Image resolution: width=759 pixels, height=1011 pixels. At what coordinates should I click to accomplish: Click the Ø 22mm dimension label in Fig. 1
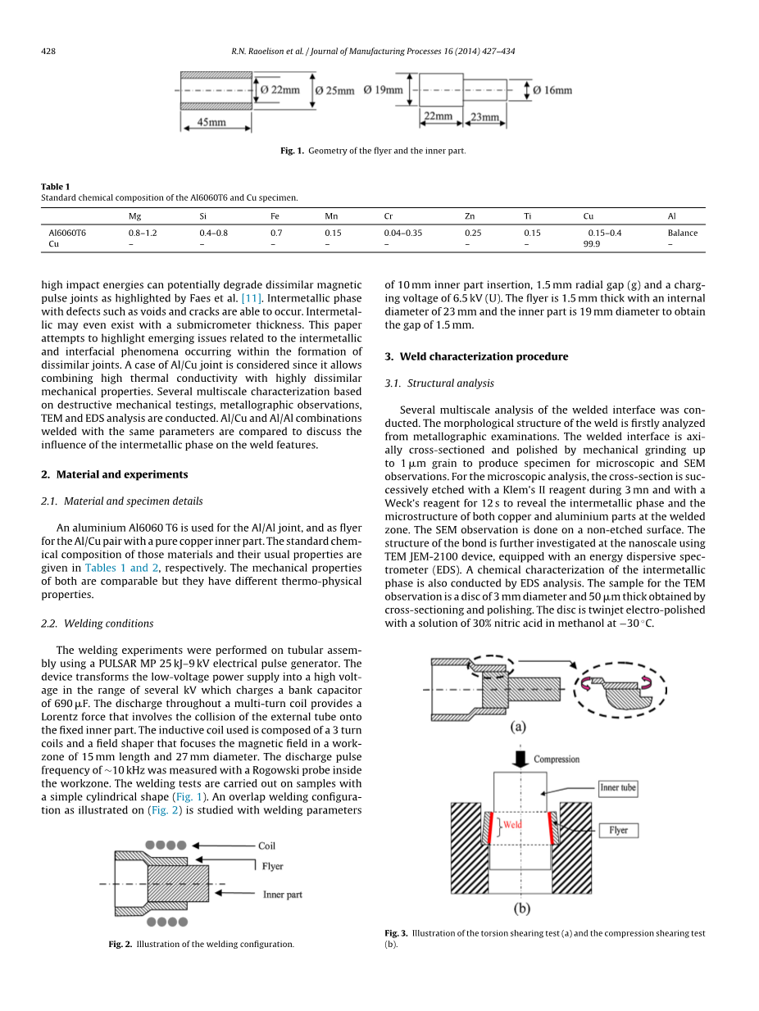pyautogui.click(x=280, y=90)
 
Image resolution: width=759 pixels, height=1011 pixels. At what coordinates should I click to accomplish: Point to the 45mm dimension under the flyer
pyautogui.click(x=211, y=122)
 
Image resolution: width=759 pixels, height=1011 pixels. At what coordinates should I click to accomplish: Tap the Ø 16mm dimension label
pyautogui.click(x=552, y=90)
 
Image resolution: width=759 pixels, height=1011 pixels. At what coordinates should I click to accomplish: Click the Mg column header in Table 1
pyautogui.click(x=134, y=216)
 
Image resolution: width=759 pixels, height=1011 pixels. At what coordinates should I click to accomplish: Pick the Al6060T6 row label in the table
pyautogui.click(x=67, y=233)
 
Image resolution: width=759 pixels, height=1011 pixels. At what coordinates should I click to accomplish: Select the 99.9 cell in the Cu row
pyautogui.click(x=591, y=243)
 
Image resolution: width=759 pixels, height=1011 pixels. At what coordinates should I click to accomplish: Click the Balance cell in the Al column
pyautogui.click(x=682, y=233)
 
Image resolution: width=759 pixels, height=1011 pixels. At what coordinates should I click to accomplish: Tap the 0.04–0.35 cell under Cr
pyautogui.click(x=402, y=233)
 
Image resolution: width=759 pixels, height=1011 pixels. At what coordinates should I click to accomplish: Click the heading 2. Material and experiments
pyautogui.click(x=114, y=474)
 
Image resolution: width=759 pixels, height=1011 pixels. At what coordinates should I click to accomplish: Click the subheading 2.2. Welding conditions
pyautogui.click(x=97, y=623)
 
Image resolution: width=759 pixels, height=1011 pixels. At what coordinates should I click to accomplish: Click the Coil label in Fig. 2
pyautogui.click(x=266, y=846)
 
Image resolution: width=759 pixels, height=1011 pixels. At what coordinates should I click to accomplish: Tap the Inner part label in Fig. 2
pyautogui.click(x=282, y=895)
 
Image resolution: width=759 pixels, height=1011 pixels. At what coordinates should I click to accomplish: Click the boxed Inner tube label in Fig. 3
pyautogui.click(x=617, y=788)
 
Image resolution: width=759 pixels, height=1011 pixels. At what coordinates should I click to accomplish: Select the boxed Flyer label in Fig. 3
pyautogui.click(x=618, y=830)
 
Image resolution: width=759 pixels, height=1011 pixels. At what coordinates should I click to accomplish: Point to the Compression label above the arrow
pyautogui.click(x=557, y=759)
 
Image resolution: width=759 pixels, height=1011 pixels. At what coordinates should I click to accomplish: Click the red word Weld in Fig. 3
pyautogui.click(x=512, y=824)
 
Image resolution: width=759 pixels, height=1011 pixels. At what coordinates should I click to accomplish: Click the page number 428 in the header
pyautogui.click(x=48, y=52)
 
